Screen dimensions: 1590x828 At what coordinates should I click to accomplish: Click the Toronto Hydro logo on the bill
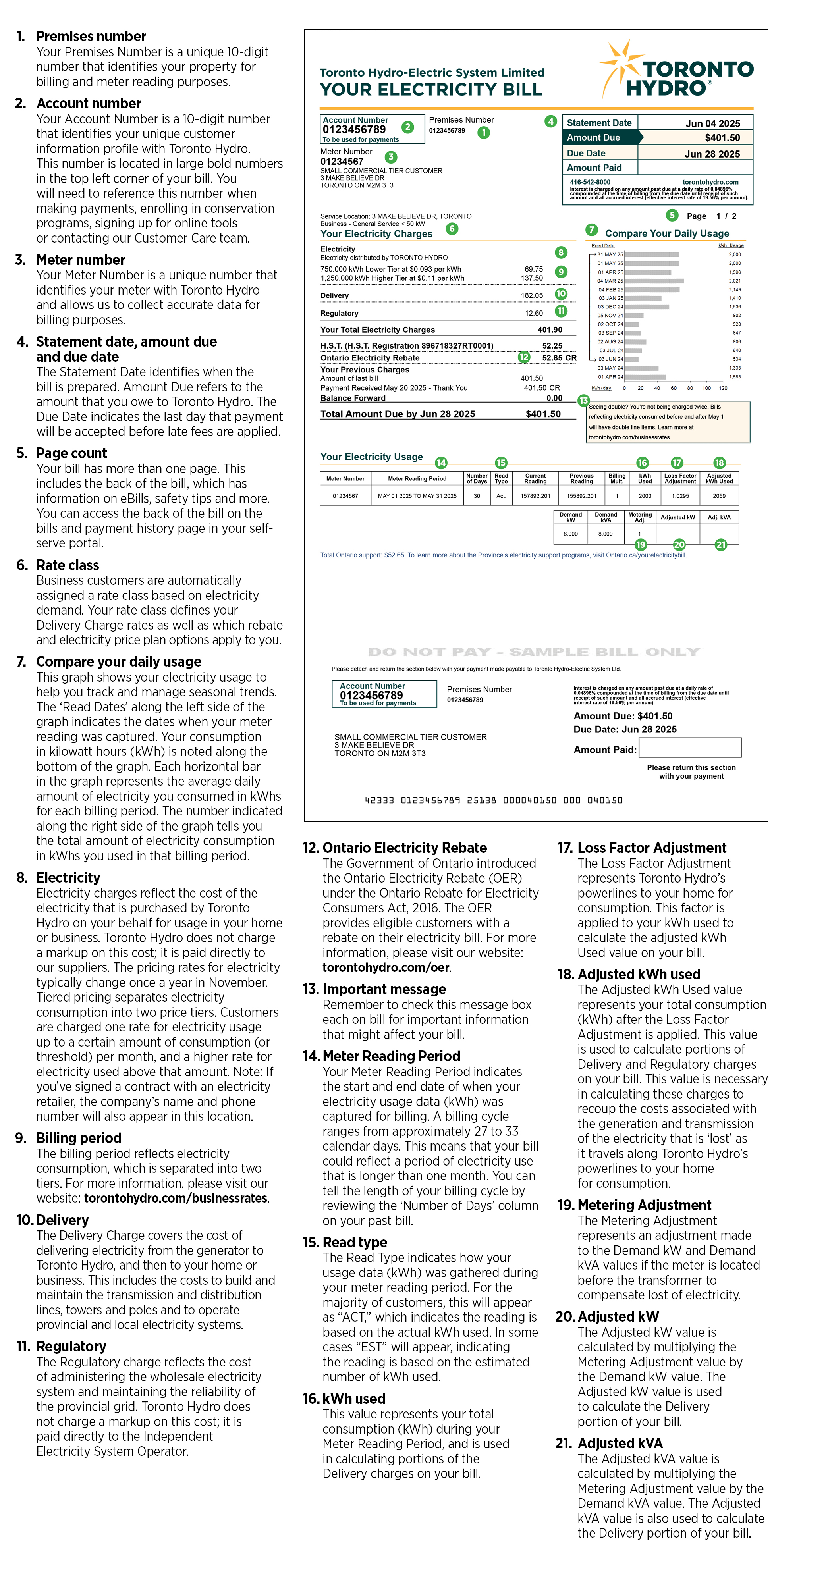677,71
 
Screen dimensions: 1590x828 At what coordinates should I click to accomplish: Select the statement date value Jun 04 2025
712,123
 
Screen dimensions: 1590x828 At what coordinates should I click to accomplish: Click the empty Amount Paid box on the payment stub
690,748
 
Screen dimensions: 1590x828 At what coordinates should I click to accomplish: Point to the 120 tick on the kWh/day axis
723,388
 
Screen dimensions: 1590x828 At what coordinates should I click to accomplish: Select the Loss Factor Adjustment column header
680,478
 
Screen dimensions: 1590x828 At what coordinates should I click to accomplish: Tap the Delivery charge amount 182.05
532,296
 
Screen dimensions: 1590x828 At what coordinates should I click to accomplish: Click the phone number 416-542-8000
590,182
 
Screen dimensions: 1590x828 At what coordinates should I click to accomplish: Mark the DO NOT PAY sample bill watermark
534,652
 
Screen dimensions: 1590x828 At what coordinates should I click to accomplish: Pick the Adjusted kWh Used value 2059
719,495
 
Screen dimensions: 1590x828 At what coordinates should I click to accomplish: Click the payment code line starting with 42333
493,800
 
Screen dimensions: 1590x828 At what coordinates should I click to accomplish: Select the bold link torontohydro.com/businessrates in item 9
176,1198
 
